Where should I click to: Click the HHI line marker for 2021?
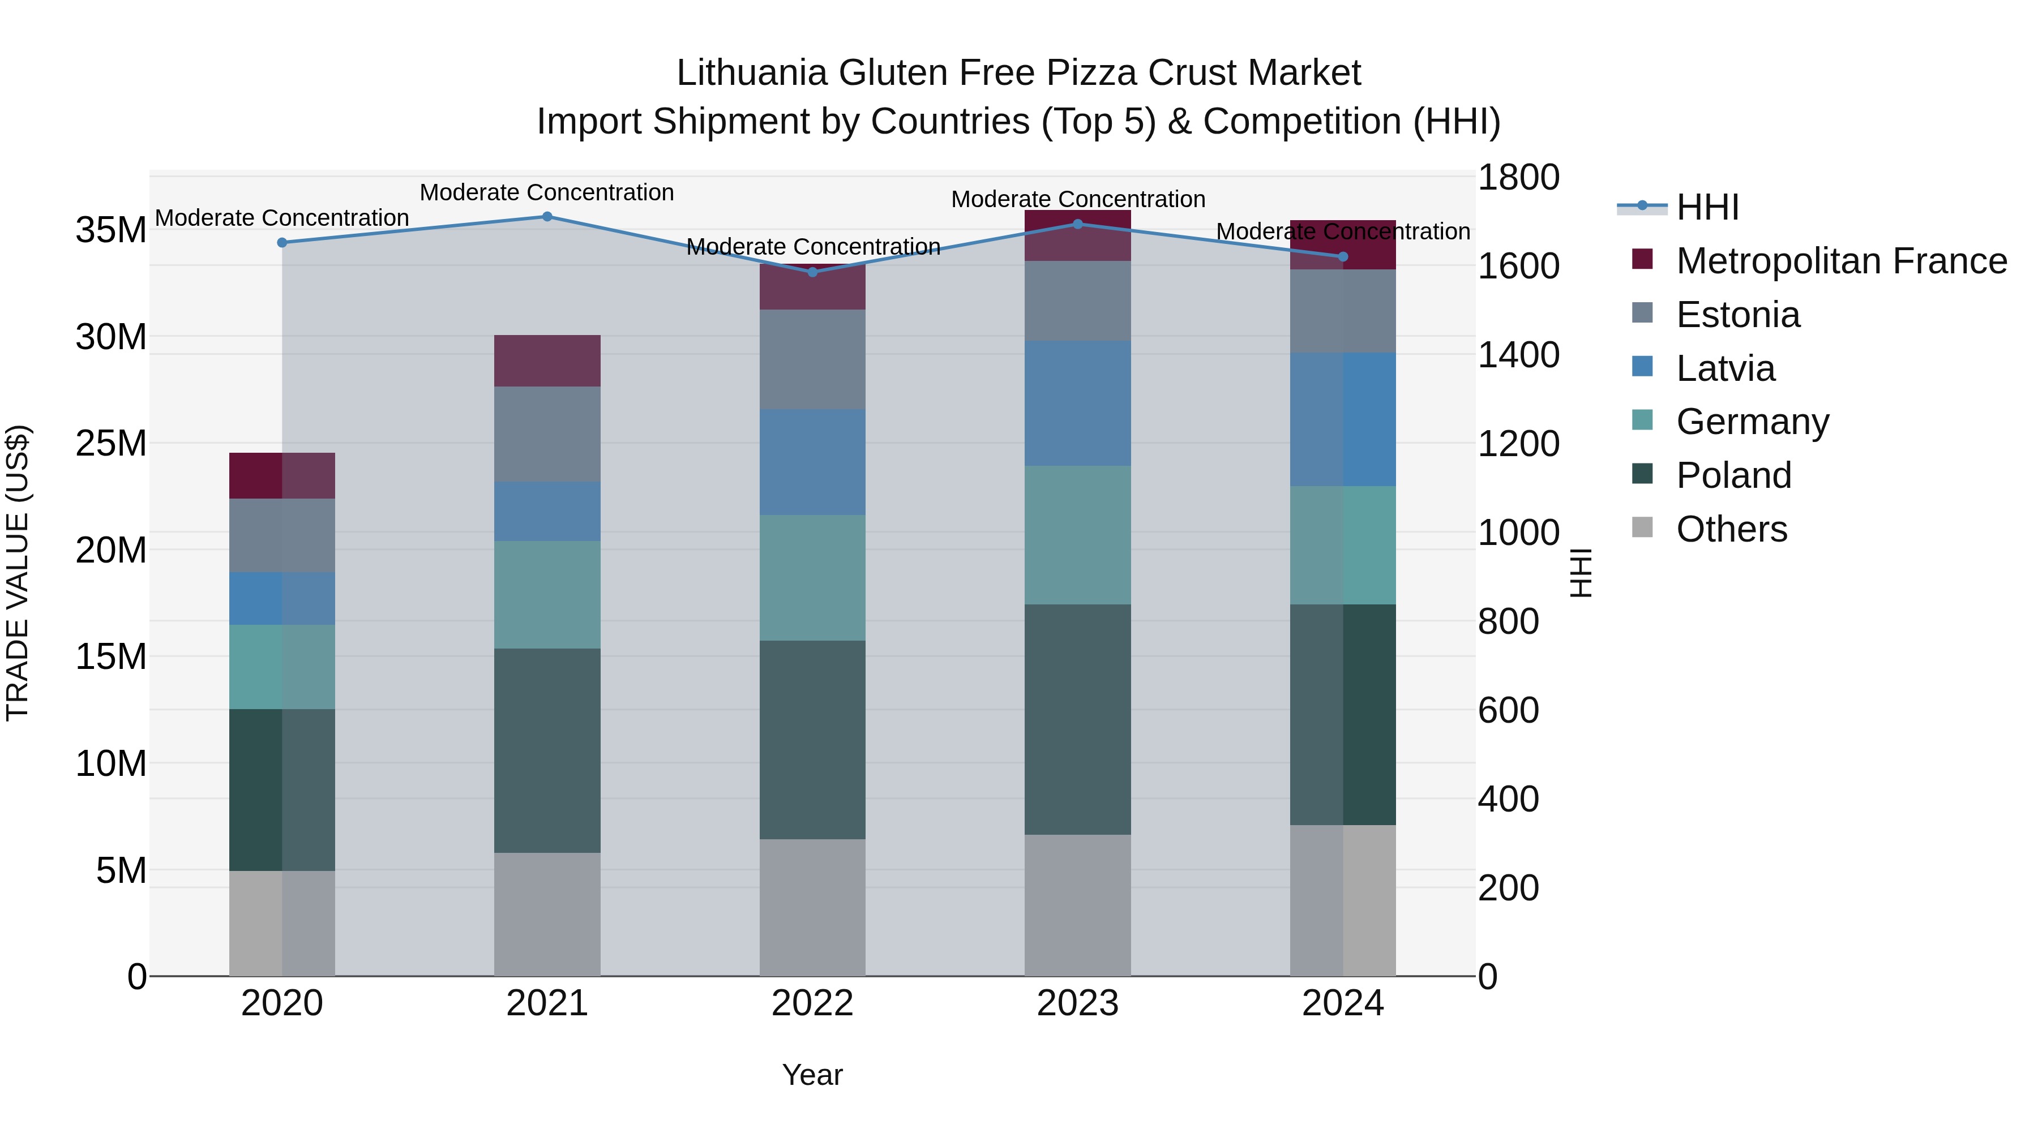(x=547, y=217)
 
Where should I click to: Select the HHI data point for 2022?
(x=812, y=272)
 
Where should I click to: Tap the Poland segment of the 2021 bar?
(x=547, y=750)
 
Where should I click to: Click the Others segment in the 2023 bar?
(x=1077, y=905)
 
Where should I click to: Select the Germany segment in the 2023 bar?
(x=1077, y=535)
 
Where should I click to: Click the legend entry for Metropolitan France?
(x=1841, y=261)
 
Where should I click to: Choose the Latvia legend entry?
(x=1725, y=368)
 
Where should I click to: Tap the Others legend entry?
(x=1731, y=529)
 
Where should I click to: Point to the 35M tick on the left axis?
(x=111, y=231)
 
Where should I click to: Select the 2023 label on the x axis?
(x=1077, y=1003)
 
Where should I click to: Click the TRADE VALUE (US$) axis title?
(x=18, y=573)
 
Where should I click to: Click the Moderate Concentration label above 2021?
(x=547, y=192)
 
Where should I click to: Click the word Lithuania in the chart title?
(x=752, y=73)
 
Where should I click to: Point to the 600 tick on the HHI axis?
(x=1508, y=710)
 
